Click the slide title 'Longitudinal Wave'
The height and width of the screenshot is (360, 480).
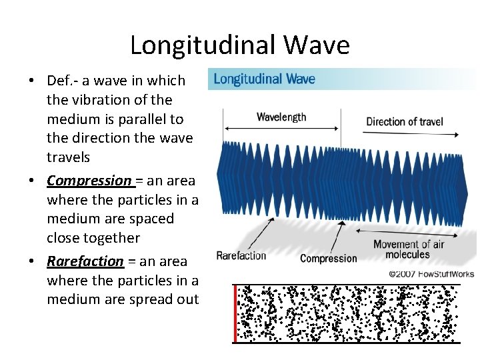click(239, 45)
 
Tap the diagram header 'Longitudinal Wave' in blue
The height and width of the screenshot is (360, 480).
click(265, 79)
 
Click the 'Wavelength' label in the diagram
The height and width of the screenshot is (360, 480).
click(281, 117)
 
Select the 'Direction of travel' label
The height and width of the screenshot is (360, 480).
click(405, 121)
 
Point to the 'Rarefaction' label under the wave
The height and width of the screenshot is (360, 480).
click(241, 255)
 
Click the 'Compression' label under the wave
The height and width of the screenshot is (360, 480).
click(329, 258)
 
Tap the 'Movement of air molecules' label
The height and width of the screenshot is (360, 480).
click(408, 249)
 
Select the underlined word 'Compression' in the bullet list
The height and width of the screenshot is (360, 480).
click(89, 181)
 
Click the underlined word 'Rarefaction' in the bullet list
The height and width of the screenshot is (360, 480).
click(85, 261)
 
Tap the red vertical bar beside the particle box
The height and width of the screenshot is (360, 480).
click(235, 313)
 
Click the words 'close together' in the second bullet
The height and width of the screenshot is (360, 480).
click(93, 238)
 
